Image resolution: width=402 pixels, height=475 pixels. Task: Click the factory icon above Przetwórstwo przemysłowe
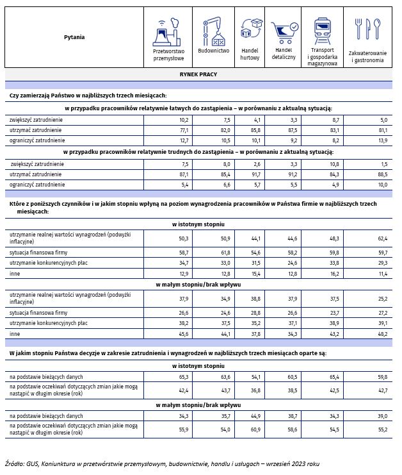click(x=168, y=30)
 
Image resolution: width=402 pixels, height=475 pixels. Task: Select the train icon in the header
click(x=322, y=29)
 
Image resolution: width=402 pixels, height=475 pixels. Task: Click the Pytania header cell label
click(x=74, y=37)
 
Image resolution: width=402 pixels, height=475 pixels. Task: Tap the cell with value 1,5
click(x=382, y=163)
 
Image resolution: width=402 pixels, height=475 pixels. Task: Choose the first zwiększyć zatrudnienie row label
click(x=36, y=119)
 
